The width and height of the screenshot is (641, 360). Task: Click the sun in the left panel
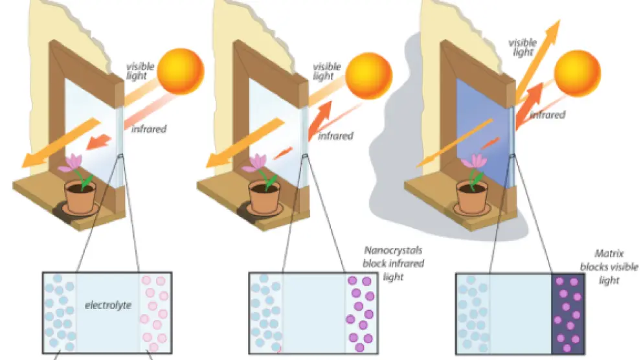click(181, 71)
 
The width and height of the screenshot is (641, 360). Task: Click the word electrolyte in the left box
click(107, 303)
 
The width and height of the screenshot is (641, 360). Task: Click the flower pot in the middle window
click(266, 196)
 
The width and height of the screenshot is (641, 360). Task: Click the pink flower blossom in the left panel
click(71, 163)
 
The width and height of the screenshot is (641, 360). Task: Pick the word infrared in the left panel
click(149, 129)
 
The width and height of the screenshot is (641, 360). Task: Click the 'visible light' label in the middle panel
click(327, 71)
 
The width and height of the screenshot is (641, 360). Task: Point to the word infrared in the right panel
click(548, 115)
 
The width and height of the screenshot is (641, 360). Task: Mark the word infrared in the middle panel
click(336, 136)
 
